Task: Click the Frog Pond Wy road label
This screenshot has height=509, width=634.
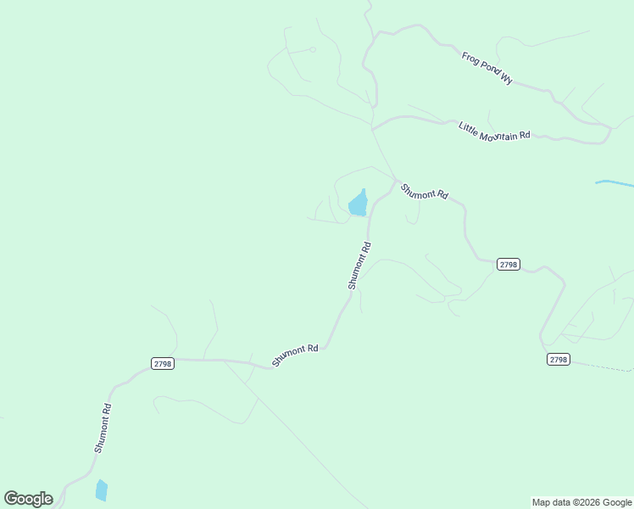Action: pos(487,68)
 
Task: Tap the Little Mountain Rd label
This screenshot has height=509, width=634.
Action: pos(494,131)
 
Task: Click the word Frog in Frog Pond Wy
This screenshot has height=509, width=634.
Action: pos(471,59)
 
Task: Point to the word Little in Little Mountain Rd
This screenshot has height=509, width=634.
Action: pos(468,126)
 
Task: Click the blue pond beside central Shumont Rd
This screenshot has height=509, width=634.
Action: pos(358,204)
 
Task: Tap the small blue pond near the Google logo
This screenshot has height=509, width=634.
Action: pos(102,489)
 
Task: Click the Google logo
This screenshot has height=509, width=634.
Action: pos(29,499)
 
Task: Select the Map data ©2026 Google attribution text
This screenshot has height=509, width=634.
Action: pos(581,502)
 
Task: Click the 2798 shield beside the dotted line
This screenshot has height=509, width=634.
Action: pos(558,360)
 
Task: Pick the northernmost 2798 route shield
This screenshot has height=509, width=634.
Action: pos(508,265)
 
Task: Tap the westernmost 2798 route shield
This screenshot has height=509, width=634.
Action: pos(163,363)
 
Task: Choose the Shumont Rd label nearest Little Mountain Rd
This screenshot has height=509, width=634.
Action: pos(424,192)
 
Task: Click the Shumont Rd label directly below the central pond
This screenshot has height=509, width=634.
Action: pos(359,266)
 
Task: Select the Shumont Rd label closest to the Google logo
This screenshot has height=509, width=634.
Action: pos(103,428)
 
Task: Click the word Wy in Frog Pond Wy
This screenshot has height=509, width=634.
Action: pos(507,78)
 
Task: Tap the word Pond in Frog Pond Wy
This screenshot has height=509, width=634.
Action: pos(488,68)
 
